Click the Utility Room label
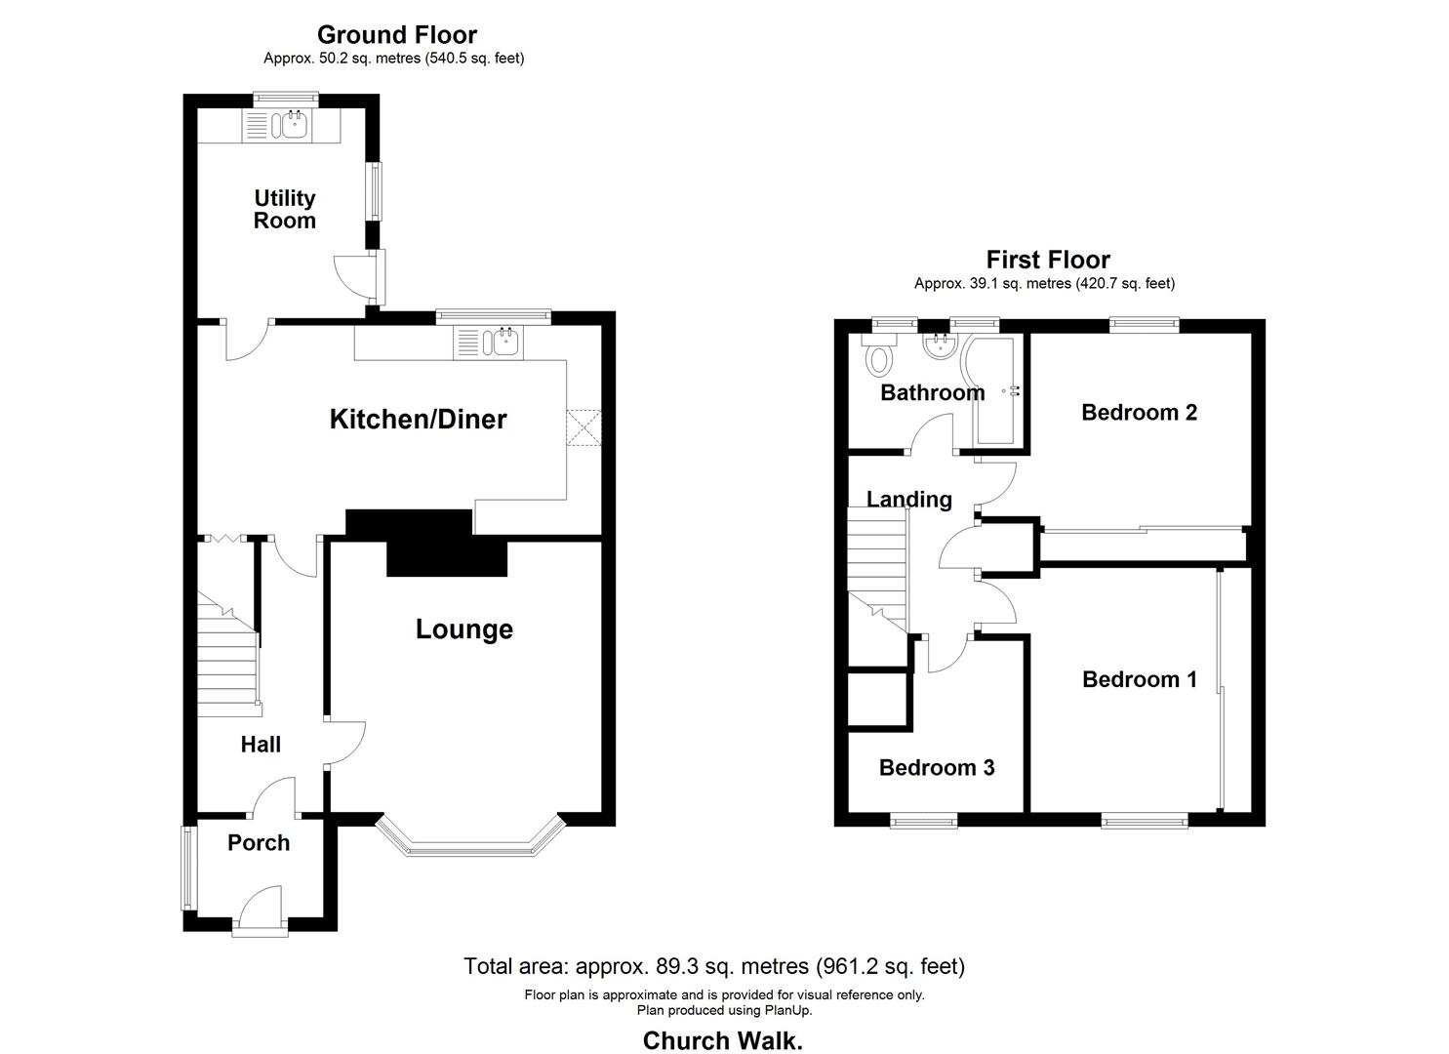[285, 209]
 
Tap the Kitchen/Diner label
[418, 420]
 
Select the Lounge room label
[464, 629]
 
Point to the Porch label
[259, 843]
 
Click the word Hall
[261, 745]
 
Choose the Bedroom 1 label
[1140, 679]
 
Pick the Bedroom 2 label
[1139, 413]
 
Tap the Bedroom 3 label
[937, 768]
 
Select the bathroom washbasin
[940, 346]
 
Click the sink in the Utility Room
[293, 125]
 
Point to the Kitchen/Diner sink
[503, 342]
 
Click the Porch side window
[187, 869]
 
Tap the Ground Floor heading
[397, 34]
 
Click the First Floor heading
[1048, 261]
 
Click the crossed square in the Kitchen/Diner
[584, 427]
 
